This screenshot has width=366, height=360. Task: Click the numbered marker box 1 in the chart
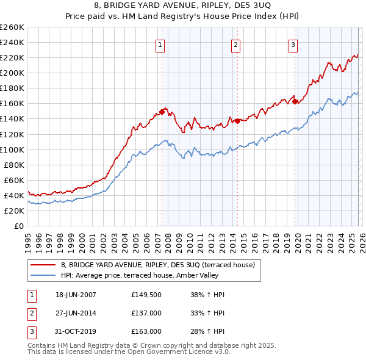(x=160, y=44)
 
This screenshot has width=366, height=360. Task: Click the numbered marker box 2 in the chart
(x=235, y=44)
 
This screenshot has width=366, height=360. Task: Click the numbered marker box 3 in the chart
(x=293, y=44)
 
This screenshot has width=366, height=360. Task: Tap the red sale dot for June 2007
(x=162, y=112)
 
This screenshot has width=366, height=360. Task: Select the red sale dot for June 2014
(x=237, y=121)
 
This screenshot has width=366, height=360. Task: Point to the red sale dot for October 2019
(x=295, y=101)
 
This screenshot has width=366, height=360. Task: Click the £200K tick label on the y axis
(x=12, y=73)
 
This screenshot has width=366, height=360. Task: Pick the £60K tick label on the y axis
(x=13, y=180)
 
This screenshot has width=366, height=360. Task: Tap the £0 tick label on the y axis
(x=19, y=226)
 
